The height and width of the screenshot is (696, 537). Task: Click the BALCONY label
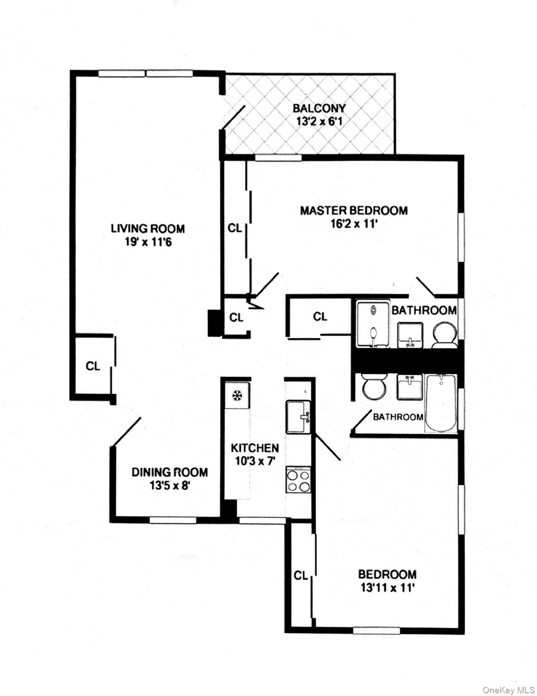pyautogui.click(x=319, y=108)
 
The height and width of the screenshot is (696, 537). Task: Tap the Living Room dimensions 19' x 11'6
pyautogui.click(x=148, y=242)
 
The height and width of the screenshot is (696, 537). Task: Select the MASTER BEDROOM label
pyautogui.click(x=354, y=210)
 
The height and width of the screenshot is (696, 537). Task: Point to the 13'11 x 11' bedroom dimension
pyautogui.click(x=388, y=588)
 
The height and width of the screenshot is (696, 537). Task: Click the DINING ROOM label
pyautogui.click(x=170, y=472)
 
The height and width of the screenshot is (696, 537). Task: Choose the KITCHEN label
pyautogui.click(x=255, y=448)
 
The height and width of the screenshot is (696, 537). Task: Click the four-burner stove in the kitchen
pyautogui.click(x=298, y=481)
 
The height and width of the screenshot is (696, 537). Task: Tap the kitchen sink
pyautogui.click(x=298, y=417)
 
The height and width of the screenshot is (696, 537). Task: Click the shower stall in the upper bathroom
pyautogui.click(x=373, y=324)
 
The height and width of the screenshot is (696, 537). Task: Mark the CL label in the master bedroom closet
pyautogui.click(x=235, y=228)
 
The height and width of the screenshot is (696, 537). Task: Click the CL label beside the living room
pyautogui.click(x=93, y=366)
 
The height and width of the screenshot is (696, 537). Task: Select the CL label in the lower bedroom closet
pyautogui.click(x=301, y=575)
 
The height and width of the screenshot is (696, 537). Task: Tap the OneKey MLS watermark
pyautogui.click(x=508, y=690)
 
